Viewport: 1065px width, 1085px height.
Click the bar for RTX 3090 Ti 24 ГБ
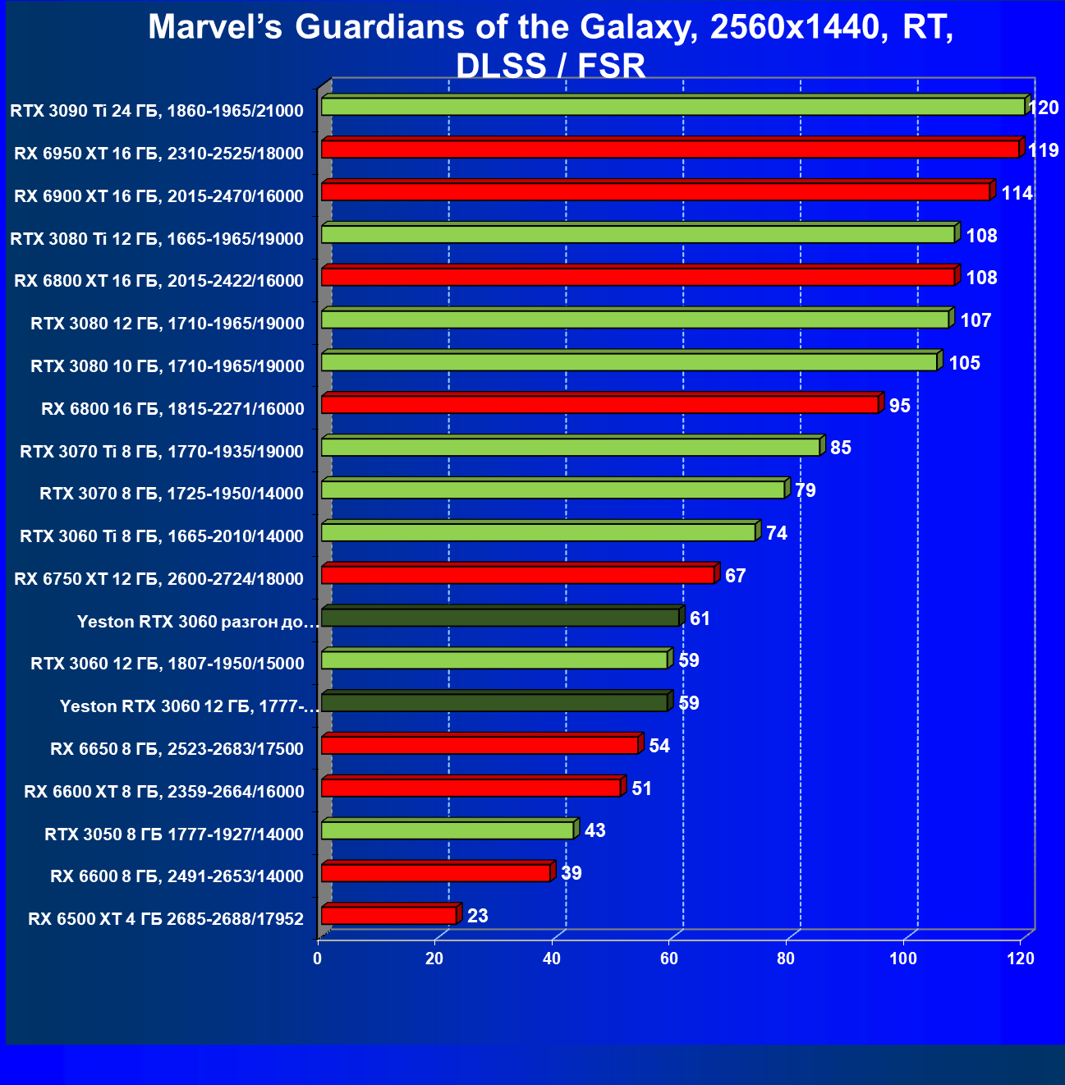click(673, 107)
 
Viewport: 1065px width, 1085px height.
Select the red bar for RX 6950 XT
click(669, 149)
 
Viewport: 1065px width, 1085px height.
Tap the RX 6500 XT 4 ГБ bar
click(388, 915)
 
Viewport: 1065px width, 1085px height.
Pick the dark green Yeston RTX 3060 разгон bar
click(500, 617)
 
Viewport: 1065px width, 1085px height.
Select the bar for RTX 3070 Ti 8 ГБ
click(570, 448)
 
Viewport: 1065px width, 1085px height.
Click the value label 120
click(1043, 108)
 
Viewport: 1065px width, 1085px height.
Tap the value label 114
click(1017, 193)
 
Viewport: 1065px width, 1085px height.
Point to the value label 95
click(899, 406)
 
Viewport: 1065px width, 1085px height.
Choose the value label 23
click(477, 916)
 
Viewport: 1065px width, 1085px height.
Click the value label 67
click(735, 576)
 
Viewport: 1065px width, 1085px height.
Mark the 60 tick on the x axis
click(669, 959)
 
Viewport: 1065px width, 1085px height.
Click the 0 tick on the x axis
click(318, 959)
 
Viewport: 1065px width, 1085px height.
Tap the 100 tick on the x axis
click(903, 959)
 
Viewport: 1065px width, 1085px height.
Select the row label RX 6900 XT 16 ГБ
click(158, 195)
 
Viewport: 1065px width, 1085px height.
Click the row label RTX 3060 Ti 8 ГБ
click(161, 536)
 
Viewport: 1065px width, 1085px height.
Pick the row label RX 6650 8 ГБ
click(177, 748)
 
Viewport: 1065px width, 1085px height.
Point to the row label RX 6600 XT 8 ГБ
click(163, 791)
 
